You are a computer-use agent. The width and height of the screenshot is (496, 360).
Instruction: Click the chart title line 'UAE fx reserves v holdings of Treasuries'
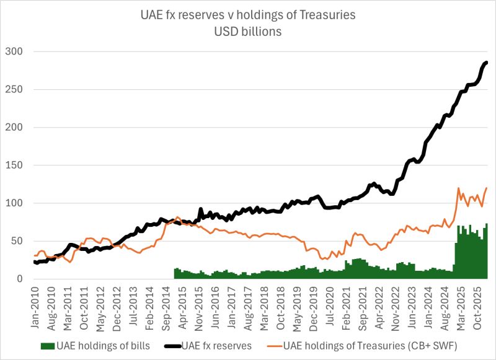[248, 15]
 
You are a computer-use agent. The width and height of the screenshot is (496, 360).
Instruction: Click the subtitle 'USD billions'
[248, 31]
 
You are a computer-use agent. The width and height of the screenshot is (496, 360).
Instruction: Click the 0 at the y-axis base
[22, 279]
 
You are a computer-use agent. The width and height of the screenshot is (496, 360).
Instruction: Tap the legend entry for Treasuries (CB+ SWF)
[372, 345]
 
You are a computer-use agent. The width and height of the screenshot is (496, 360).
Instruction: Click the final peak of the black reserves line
[487, 62]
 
